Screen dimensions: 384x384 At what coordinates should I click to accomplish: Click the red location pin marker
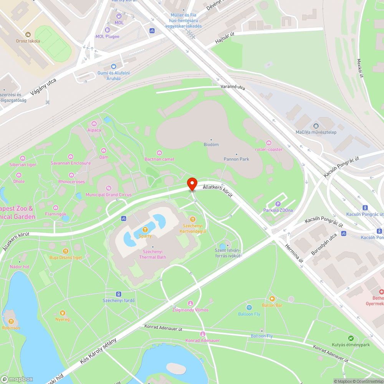pos(192,184)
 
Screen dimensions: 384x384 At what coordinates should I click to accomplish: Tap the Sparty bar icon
pos(145,229)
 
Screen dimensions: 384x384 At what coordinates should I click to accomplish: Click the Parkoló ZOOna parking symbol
pos(278,204)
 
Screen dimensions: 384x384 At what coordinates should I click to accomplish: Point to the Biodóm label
pos(211,144)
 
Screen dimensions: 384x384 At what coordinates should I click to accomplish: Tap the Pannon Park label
pos(236,159)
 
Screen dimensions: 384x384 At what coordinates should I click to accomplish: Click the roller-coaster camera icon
pos(268,143)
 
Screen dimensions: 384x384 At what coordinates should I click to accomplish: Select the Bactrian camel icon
pos(159,153)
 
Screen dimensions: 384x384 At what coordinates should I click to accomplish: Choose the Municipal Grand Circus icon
pos(108,188)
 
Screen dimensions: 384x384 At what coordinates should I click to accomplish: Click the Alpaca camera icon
pos(94,123)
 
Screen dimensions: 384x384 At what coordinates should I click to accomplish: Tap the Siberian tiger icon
pos(23,158)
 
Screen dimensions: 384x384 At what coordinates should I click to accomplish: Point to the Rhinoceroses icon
pos(71,175)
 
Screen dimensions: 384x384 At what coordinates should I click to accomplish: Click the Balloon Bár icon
pos(272,299)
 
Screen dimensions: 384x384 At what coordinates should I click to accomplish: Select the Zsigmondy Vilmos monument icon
pos(190,303)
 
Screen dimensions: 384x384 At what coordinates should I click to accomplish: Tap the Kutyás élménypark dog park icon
pos(351,338)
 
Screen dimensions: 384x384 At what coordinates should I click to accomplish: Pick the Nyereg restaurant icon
pos(62,313)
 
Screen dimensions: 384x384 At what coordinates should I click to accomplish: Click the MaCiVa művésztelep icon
pos(316,126)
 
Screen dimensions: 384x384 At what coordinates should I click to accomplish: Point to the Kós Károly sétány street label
pos(98,349)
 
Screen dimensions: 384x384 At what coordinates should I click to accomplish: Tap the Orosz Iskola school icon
pos(28,35)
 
